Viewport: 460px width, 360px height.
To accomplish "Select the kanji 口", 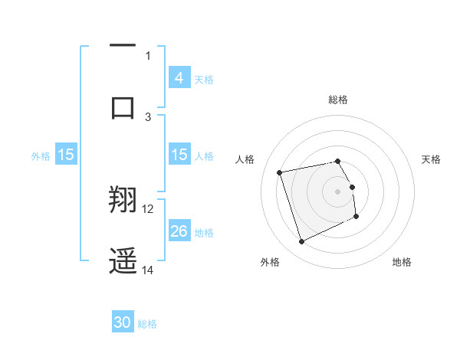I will (123, 106).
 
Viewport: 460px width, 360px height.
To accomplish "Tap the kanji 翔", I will (123, 201).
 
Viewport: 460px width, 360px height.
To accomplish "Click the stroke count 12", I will (148, 209).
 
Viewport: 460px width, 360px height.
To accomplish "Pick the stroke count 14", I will (148, 270).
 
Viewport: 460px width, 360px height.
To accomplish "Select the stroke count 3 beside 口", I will (148, 116).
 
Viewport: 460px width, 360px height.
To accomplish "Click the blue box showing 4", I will (179, 78).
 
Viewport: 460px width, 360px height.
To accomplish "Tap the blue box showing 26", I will (179, 231).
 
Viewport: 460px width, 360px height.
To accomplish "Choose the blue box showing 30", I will (123, 322).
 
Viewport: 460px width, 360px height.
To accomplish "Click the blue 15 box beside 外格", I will (66, 155).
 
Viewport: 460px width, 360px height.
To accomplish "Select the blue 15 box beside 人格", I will (179, 155).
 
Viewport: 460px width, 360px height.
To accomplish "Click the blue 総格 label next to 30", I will (147, 324).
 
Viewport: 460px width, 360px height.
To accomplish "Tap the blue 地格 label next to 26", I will (204, 233).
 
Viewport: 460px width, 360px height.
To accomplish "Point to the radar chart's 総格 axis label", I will (337, 100).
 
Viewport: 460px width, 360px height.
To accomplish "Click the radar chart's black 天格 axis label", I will (431, 159).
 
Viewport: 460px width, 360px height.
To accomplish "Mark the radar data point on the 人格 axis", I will (280, 172).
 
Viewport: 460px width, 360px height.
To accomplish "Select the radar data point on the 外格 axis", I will (301, 242).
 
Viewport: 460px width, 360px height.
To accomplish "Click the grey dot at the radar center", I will (337, 191).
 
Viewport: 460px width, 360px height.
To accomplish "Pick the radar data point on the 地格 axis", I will (356, 217).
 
